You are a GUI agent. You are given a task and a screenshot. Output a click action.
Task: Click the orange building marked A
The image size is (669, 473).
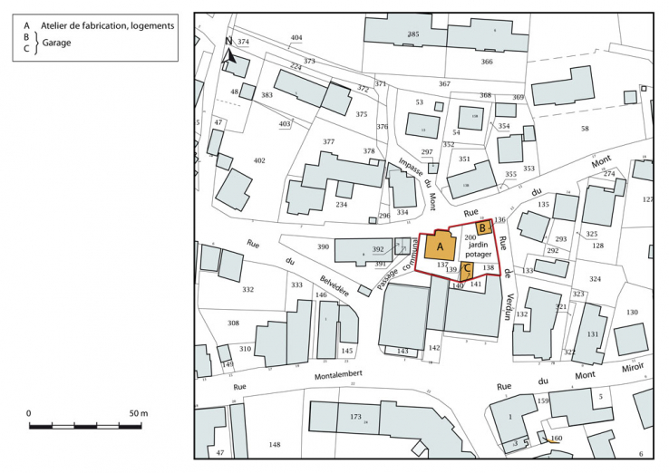click(441, 247)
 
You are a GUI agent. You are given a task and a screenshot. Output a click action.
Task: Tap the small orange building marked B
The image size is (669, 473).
click(484, 227)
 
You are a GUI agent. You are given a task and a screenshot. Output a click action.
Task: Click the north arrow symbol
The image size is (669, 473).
click(230, 53)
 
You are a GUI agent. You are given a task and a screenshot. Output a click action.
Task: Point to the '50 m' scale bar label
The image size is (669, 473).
click(138, 413)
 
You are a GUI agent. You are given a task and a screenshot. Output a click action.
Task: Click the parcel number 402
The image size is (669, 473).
click(259, 160)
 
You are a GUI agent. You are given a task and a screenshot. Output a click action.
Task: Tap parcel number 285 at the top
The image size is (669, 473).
click(413, 34)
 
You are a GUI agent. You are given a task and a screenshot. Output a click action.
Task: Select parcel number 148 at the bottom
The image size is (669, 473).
click(275, 445)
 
